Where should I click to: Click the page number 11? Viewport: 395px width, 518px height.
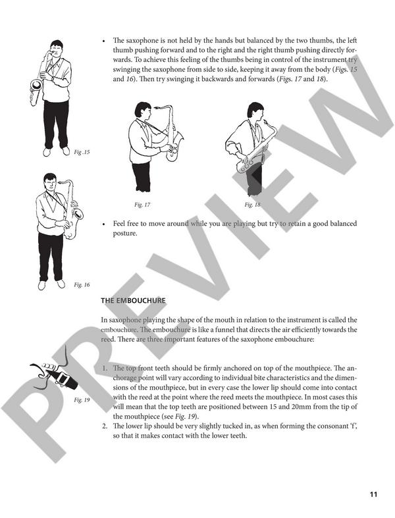[373, 495]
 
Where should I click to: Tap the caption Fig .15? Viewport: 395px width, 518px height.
[82, 152]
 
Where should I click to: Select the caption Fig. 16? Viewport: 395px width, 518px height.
[82, 284]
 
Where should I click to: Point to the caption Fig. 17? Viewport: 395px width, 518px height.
[142, 205]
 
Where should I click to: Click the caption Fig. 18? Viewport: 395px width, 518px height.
[252, 205]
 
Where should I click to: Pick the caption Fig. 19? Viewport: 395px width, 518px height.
[82, 400]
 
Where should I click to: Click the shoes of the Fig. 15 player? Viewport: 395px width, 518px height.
[55, 151]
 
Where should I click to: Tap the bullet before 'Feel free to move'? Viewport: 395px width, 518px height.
[105, 224]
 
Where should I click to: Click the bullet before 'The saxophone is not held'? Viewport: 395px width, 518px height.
[105, 40]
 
